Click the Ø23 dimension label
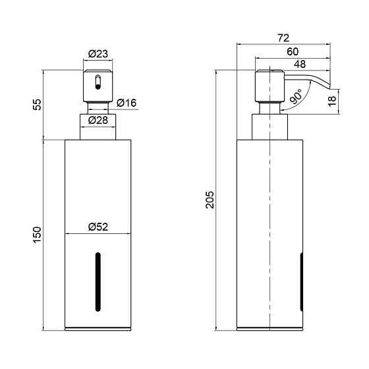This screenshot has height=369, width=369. pyautogui.click(x=98, y=54)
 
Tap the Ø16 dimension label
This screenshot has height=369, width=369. pyautogui.click(x=127, y=103)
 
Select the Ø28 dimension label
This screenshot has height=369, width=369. pyautogui.click(x=98, y=120)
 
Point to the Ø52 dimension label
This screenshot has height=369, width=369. pyautogui.click(x=98, y=227)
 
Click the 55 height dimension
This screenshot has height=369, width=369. pyautogui.click(x=37, y=105)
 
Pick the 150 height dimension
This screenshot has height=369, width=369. pyautogui.click(x=37, y=235)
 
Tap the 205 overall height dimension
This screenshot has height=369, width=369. pyautogui.click(x=210, y=200)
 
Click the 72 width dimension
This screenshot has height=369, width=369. pyautogui.click(x=283, y=38)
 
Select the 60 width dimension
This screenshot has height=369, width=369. pyautogui.click(x=293, y=51)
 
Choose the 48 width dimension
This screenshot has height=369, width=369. pyautogui.click(x=300, y=64)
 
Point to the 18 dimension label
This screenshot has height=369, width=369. pyautogui.click(x=332, y=101)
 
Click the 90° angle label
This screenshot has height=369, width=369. pyautogui.click(x=296, y=96)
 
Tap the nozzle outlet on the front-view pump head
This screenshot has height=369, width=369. pyautogui.click(x=98, y=82)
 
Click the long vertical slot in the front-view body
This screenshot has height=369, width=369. pyautogui.click(x=98, y=282)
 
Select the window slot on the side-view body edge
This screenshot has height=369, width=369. pyautogui.click(x=302, y=282)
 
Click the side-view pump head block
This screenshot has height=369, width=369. pyautogui.click(x=270, y=86)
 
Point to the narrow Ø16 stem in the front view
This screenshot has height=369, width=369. pyautogui.click(x=98, y=108)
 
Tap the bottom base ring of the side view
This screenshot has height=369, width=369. pyautogui.click(x=270, y=329)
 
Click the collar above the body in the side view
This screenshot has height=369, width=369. pyautogui.click(x=270, y=127)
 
